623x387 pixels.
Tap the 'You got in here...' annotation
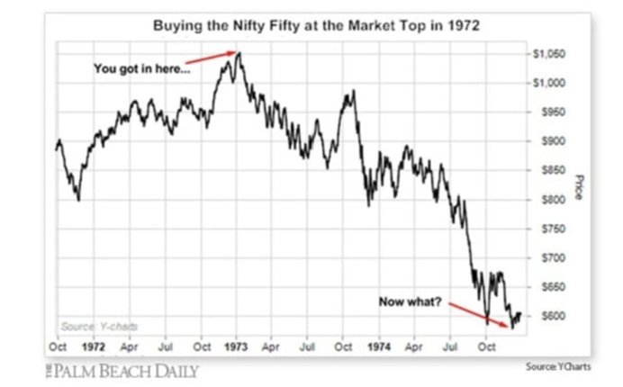[142, 67]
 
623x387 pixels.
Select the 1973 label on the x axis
[236, 345]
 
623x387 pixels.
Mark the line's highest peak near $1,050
[238, 53]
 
